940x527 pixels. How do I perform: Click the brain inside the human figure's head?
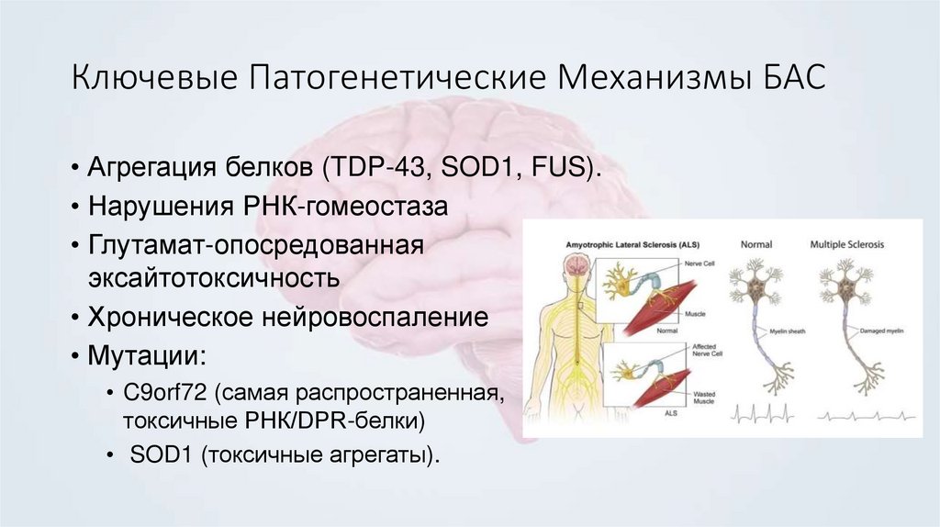[x=576, y=266]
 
